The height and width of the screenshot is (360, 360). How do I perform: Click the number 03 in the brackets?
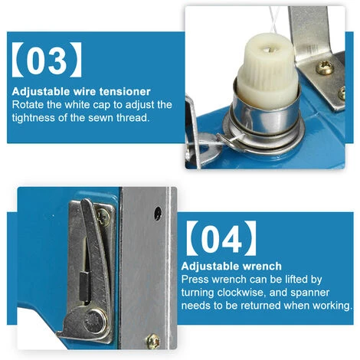click(47, 60)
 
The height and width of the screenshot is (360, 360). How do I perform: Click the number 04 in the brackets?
click(221, 239)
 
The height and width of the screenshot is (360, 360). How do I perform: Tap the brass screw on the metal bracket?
click(324, 67)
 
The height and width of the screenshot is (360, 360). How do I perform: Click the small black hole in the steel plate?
click(158, 214)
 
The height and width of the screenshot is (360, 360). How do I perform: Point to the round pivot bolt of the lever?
click(95, 322)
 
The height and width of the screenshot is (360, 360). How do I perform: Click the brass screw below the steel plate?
click(152, 342)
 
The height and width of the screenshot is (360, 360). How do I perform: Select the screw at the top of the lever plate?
click(103, 217)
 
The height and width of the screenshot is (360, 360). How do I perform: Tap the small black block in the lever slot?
click(84, 286)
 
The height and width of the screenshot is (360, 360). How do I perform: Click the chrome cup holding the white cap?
click(266, 116)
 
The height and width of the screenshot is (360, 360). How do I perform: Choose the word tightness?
click(33, 118)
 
